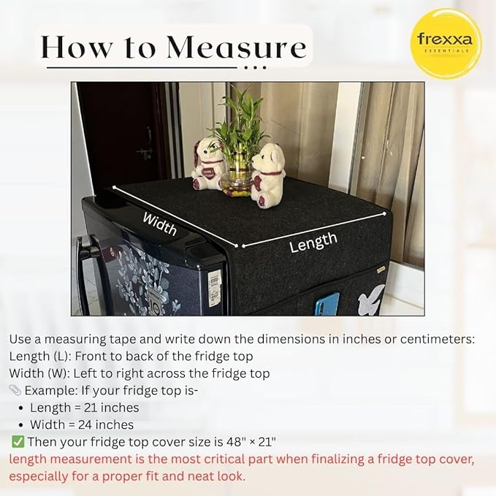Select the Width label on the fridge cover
pos(159,223)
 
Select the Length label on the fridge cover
pos(313,242)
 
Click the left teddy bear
pos(207,164)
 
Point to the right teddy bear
pos(268,172)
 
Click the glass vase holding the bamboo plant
pos(237,182)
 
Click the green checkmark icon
pos(18,442)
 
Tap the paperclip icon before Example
pos(15,391)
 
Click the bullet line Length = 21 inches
pos(84,408)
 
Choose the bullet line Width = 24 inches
pos(82,424)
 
